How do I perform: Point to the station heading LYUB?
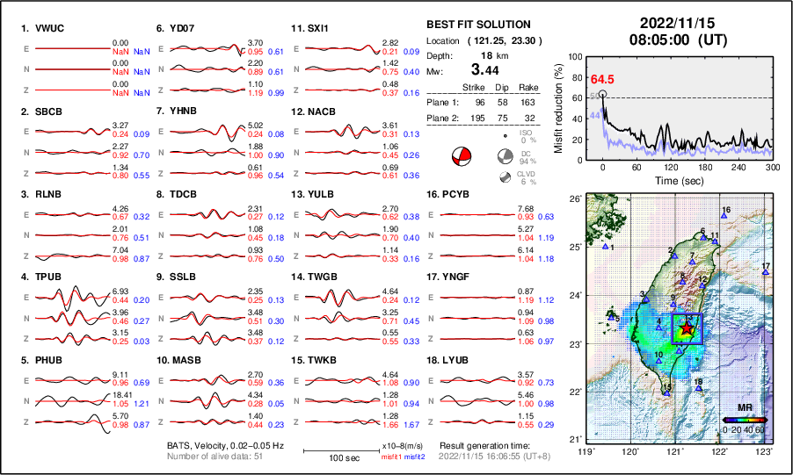[x=457, y=359]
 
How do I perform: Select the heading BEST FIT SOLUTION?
[x=477, y=25]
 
